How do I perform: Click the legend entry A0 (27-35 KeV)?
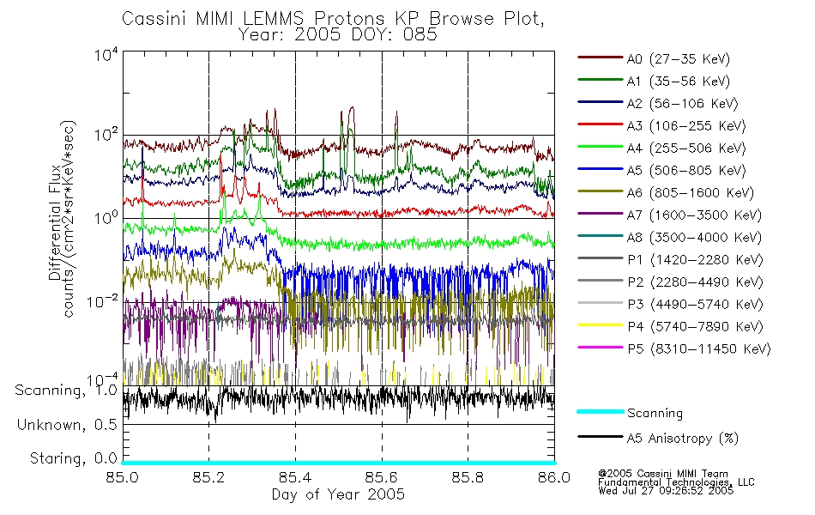pos(678,58)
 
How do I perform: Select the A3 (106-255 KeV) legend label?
pos(685,126)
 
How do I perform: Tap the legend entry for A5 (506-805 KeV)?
pos(685,171)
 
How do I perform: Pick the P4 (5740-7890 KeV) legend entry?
pos(694,327)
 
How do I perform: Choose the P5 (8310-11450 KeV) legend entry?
pos(698,349)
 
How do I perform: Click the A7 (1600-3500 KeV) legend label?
pos(693,215)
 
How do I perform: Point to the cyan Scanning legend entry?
pos(655,413)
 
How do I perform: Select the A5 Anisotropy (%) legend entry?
pos(682,439)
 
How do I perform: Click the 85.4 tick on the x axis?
pos(295,477)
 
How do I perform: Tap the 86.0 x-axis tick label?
pos(554,477)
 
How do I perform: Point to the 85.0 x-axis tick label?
pos(122,477)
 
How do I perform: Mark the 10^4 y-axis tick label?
pos(106,54)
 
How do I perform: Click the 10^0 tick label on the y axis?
pos(106,217)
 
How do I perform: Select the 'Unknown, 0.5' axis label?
pos(67,425)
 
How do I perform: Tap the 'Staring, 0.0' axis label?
pos(73,458)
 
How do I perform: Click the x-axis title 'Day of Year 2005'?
pos(338,494)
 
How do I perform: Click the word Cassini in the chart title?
pos(155,19)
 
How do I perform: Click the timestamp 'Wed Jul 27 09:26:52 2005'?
pos(666,491)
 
